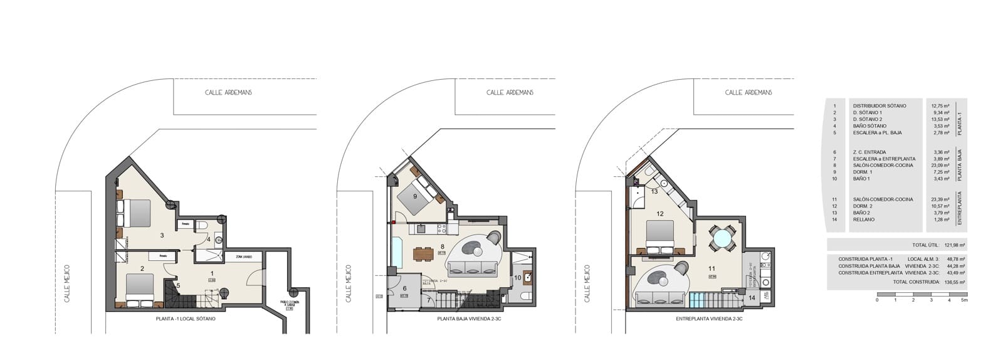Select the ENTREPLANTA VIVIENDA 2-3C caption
click(x=709, y=319)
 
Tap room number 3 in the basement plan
click(x=162, y=235)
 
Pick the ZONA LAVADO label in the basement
click(x=243, y=257)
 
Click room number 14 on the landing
click(x=752, y=298)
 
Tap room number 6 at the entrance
click(x=404, y=289)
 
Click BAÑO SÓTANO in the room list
click(x=869, y=126)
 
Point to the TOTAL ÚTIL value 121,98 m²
click(x=955, y=245)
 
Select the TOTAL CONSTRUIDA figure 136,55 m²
click(x=955, y=282)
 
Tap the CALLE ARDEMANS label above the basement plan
click(x=229, y=92)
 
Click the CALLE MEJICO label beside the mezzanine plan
click(x=587, y=283)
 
